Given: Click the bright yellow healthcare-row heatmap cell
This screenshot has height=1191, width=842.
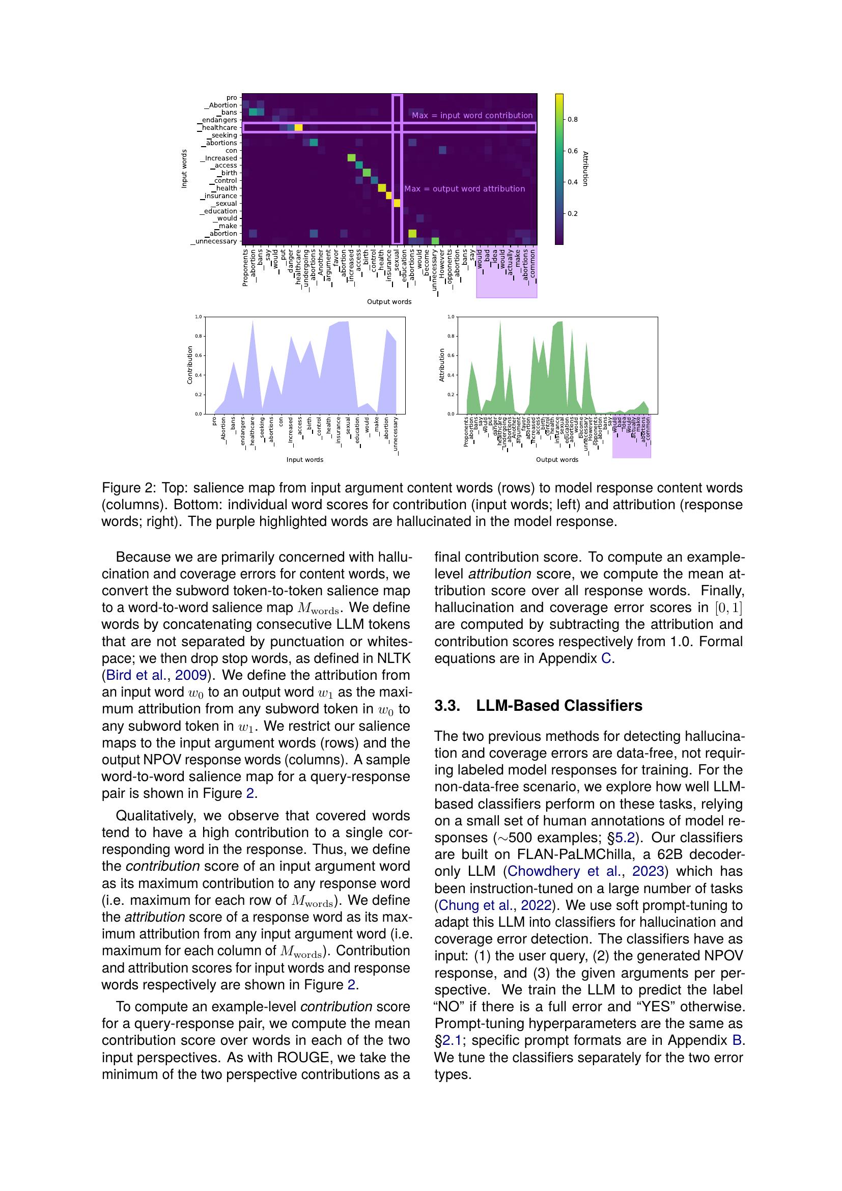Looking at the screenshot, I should [298, 128].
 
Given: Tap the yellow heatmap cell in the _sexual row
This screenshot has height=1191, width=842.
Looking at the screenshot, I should [397, 203].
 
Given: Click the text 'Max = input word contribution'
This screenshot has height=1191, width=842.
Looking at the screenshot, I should [472, 116].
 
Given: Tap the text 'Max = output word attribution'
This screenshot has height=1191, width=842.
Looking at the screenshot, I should [464, 189].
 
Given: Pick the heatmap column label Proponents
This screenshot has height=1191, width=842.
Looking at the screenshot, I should [245, 267].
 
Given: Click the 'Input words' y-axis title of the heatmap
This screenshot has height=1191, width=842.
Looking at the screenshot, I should [184, 169].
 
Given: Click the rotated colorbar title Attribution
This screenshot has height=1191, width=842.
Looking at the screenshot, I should [585, 169].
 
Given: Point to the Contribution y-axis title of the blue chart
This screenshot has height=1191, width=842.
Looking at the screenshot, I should [190, 365].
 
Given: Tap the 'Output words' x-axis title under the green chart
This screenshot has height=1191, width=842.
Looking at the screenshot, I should [557, 460].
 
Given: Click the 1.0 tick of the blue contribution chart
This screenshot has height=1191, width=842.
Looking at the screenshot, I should [198, 316].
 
